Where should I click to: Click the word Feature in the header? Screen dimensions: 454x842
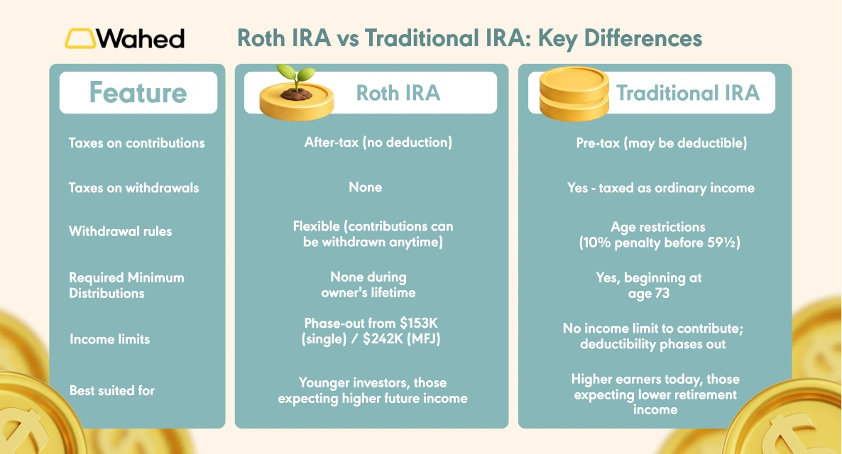tap(138, 93)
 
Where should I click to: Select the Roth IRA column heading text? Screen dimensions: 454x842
tap(398, 93)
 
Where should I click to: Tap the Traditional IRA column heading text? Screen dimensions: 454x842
tap(687, 93)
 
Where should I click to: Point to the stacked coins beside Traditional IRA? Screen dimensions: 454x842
tap(574, 93)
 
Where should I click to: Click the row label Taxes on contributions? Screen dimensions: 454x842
tap(136, 143)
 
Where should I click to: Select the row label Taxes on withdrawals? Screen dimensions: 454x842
tap(133, 188)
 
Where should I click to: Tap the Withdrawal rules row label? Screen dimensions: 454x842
tap(120, 231)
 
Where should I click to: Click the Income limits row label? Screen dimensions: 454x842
tap(109, 339)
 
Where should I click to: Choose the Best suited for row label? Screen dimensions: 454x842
tap(111, 390)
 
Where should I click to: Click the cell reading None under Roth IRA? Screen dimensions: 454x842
tap(365, 187)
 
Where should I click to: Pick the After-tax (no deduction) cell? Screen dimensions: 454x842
tap(378, 143)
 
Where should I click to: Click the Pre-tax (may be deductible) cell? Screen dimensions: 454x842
tap(661, 143)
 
